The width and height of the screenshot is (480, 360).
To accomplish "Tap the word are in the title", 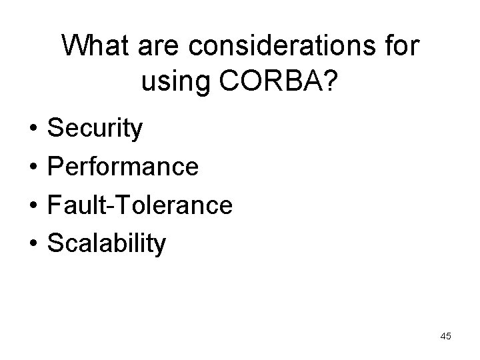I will click(x=160, y=46).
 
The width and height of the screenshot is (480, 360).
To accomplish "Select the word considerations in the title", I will click(x=283, y=46).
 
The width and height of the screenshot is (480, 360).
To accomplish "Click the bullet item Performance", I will click(x=122, y=167).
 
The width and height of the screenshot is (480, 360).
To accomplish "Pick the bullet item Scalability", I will click(x=106, y=243).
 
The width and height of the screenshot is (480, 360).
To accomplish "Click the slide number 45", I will click(x=445, y=337).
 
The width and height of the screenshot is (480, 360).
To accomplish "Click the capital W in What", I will click(x=77, y=46).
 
